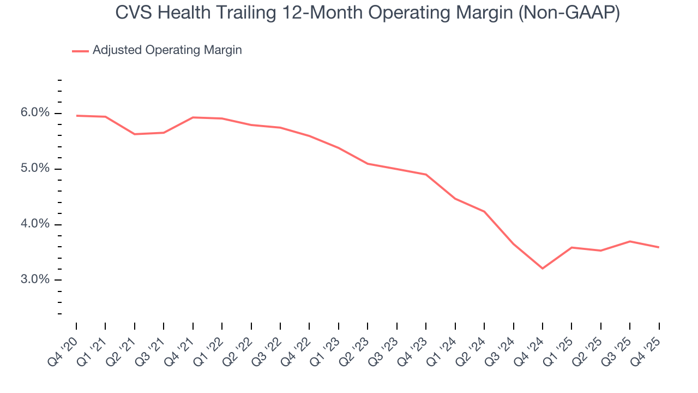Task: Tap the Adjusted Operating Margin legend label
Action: (167, 50)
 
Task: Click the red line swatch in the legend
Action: (80, 51)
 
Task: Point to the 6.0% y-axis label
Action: (35, 113)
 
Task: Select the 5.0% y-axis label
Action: (35, 169)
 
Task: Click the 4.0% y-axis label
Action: (35, 224)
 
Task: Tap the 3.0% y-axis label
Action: (35, 280)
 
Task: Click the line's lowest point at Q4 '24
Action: (543, 269)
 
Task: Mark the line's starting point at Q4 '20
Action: (76, 116)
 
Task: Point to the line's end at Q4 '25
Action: (659, 247)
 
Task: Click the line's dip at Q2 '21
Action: (135, 134)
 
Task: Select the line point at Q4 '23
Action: (426, 175)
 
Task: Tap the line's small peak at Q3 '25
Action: (630, 241)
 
